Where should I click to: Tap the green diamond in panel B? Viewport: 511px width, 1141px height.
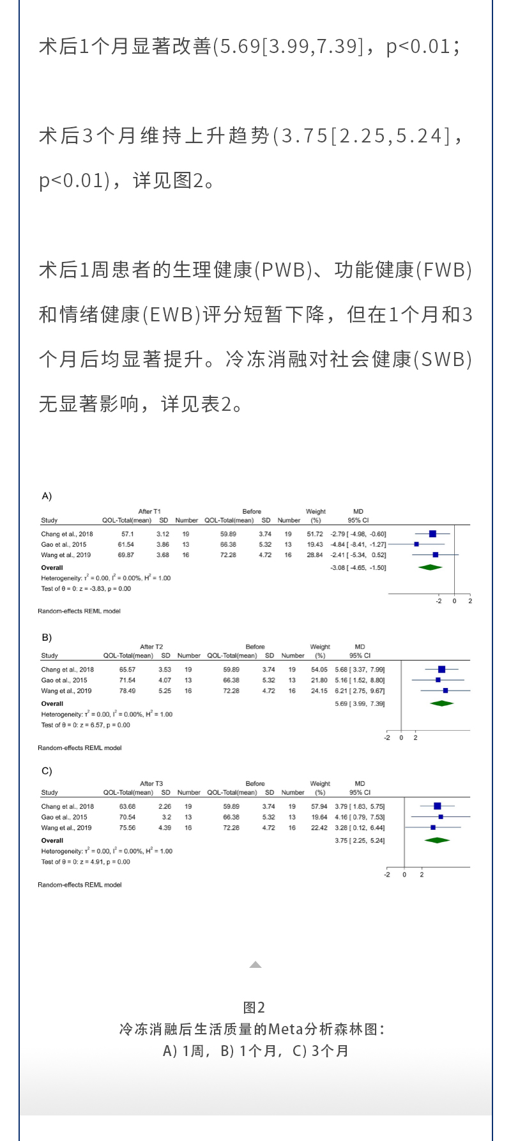pyautogui.click(x=441, y=703)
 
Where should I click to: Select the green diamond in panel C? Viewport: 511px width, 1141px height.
pyautogui.click(x=437, y=840)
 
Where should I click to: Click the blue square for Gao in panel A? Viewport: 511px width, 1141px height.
pyautogui.click(x=416, y=544)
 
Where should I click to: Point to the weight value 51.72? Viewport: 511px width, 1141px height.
pyautogui.click(x=315, y=534)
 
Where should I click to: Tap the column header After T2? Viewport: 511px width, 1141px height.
pyautogui.click(x=151, y=647)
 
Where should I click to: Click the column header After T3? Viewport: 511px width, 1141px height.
pyautogui.click(x=151, y=783)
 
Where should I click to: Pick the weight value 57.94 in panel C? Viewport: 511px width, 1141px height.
pyautogui.click(x=319, y=807)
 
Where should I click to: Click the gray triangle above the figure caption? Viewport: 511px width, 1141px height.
pyautogui.click(x=256, y=965)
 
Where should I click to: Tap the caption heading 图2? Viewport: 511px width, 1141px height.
pyautogui.click(x=254, y=1007)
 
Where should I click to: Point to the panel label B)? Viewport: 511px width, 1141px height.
pyautogui.click(x=47, y=638)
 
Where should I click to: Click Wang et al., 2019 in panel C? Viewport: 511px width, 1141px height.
pyautogui.click(x=66, y=828)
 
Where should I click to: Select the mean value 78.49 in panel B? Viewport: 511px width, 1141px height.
pyautogui.click(x=127, y=691)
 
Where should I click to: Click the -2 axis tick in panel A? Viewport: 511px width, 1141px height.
pyautogui.click(x=439, y=601)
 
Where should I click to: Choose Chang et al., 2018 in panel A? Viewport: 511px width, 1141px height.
pyautogui.click(x=67, y=534)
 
